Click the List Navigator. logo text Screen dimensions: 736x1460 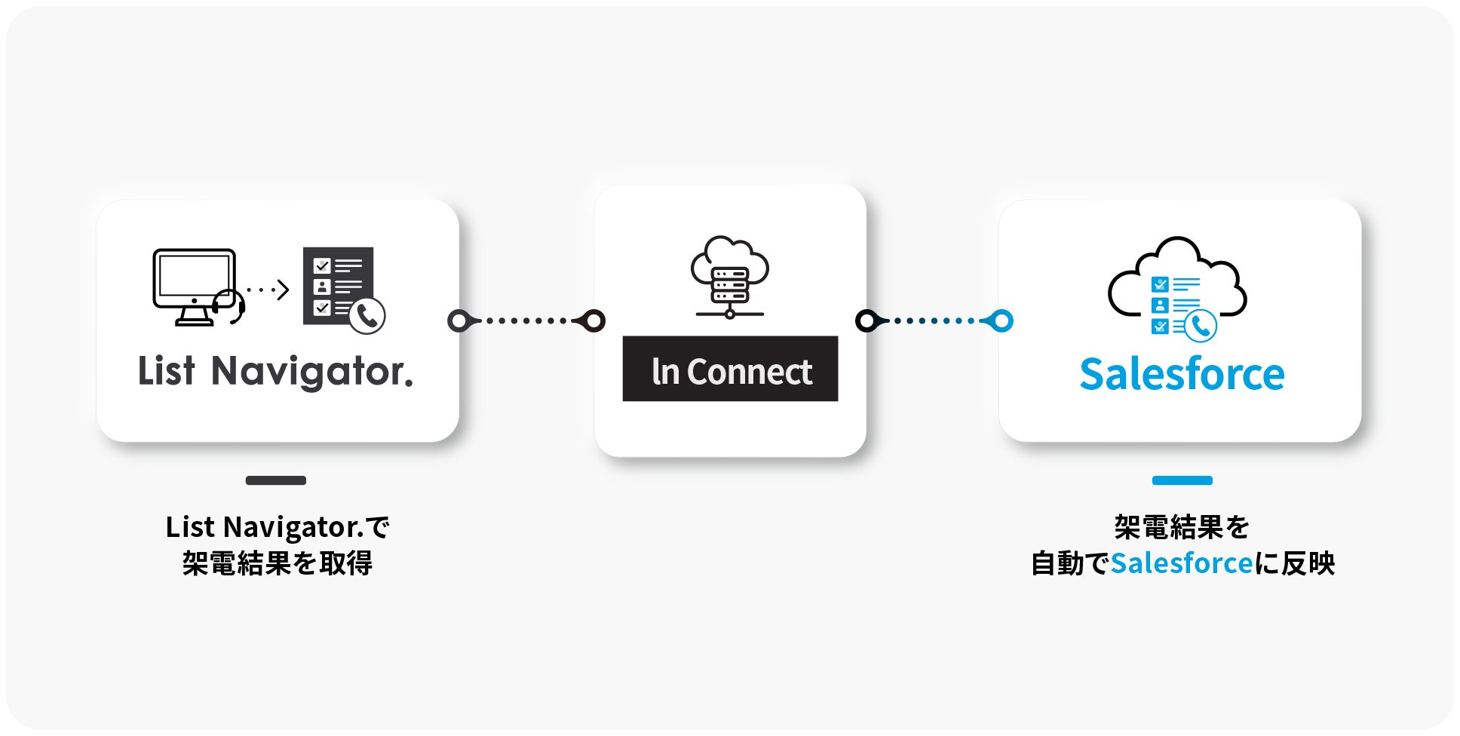[x=275, y=371]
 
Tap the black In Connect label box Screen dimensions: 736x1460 [x=730, y=369]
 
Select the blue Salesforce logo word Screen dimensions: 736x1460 [x=1182, y=374]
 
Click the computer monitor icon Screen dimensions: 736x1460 [x=194, y=284]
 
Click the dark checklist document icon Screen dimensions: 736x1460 [x=338, y=285]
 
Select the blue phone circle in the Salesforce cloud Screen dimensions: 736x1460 [x=1201, y=326]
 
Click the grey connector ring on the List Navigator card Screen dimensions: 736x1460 [x=459, y=321]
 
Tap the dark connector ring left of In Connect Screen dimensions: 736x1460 [x=594, y=321]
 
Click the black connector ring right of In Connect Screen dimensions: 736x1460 [x=866, y=321]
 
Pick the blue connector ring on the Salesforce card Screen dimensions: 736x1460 [x=1002, y=321]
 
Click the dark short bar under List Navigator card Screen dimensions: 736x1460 [x=276, y=480]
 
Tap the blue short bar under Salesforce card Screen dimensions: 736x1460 [x=1182, y=480]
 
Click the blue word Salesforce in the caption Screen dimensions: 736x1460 [x=1182, y=563]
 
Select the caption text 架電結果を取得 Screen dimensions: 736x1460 [x=277, y=563]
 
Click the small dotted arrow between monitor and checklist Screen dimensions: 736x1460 [x=268, y=290]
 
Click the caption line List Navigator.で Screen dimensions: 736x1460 [x=277, y=527]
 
